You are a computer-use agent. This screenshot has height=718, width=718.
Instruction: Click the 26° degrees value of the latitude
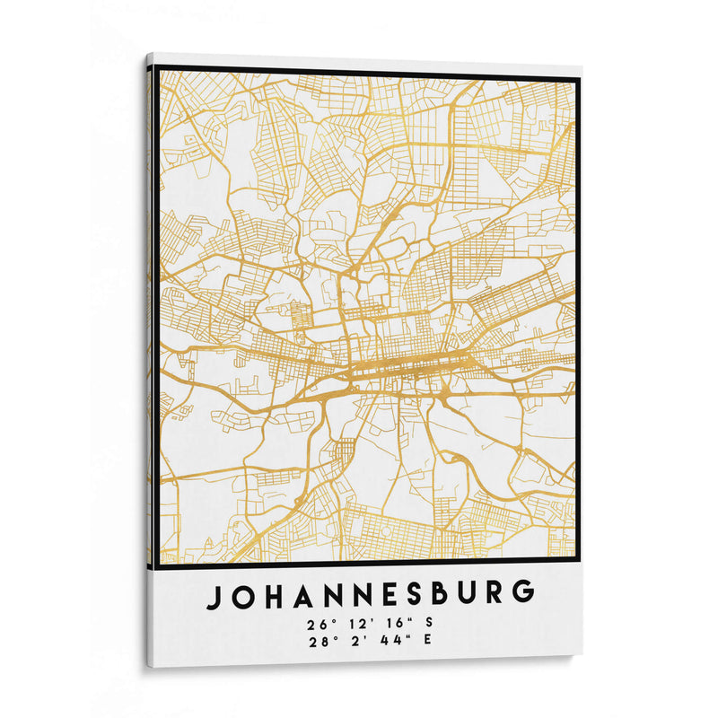point(313,623)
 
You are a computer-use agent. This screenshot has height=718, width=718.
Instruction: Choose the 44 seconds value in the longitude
point(390,641)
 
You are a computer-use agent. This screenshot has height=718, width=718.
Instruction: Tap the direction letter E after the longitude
point(427,640)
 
